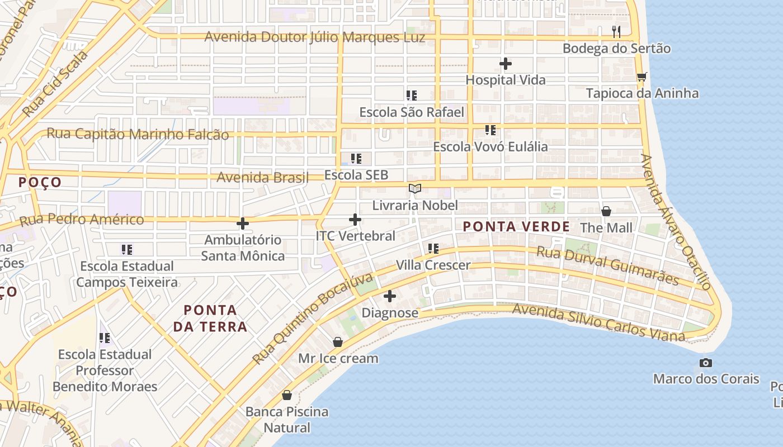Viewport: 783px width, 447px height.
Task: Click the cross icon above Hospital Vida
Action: click(505, 64)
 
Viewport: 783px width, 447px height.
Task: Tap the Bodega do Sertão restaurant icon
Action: click(616, 31)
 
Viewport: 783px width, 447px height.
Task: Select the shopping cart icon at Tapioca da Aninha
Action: click(642, 77)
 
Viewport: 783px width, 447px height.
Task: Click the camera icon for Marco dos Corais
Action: click(706, 363)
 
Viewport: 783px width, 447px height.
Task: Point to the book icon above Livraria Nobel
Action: click(414, 189)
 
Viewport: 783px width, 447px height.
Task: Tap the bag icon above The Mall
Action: click(606, 211)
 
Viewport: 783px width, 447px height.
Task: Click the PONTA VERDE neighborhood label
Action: click(516, 227)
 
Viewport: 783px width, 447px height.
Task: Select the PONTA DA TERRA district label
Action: click(210, 318)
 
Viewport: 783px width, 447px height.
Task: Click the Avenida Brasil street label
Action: click(262, 178)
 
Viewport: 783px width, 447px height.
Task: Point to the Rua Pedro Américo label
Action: click(82, 220)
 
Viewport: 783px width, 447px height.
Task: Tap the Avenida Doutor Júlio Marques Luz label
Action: click(314, 37)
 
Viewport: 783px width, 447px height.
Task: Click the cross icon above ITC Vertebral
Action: click(355, 220)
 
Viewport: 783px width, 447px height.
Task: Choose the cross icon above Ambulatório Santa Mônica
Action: click(242, 223)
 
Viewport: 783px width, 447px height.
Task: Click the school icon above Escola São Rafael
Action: click(412, 96)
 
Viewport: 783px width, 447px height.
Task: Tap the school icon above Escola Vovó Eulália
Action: click(490, 131)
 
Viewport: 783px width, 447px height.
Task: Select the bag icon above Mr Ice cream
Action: click(337, 342)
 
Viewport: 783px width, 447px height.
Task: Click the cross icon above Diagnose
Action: click(390, 296)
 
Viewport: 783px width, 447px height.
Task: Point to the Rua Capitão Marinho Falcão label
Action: click(138, 135)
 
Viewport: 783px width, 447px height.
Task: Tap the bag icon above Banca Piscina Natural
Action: click(287, 395)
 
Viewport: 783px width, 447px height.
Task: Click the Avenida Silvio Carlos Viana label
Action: click(598, 323)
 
